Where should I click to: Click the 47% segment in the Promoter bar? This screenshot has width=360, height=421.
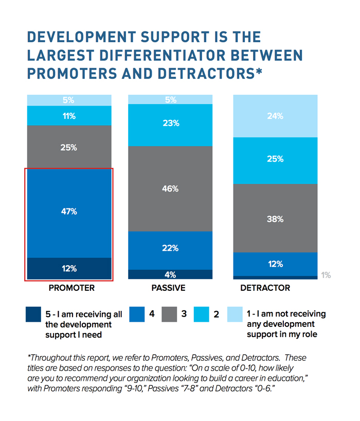coord(69,213)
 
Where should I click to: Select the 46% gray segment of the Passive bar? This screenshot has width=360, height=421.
coord(170,189)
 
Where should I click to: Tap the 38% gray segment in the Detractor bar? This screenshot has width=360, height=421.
coord(275,218)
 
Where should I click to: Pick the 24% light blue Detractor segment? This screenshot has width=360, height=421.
coord(275,116)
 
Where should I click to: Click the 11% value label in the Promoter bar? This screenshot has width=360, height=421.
coord(69,116)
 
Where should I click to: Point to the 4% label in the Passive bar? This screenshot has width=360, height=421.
coord(170,275)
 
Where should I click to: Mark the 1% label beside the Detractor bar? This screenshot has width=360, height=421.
coord(326,275)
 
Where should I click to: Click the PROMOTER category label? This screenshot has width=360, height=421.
coord(71,288)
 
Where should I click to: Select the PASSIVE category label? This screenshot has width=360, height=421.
coord(168,288)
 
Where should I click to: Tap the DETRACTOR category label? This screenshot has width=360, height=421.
coord(265,288)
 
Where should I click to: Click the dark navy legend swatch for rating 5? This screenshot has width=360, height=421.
coord(33,314)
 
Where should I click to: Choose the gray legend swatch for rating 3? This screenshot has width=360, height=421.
coord(169,314)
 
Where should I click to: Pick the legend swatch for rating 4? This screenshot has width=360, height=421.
coord(137,314)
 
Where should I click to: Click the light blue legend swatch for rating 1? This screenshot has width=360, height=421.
coord(235,314)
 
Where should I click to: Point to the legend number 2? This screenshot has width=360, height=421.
coord(216,314)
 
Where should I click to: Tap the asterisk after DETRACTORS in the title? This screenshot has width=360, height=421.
coord(259,71)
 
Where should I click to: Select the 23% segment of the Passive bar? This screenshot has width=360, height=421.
coord(170,125)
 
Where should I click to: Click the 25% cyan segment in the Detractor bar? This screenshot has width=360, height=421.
coord(275,161)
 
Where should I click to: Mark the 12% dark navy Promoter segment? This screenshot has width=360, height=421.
coord(69,269)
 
